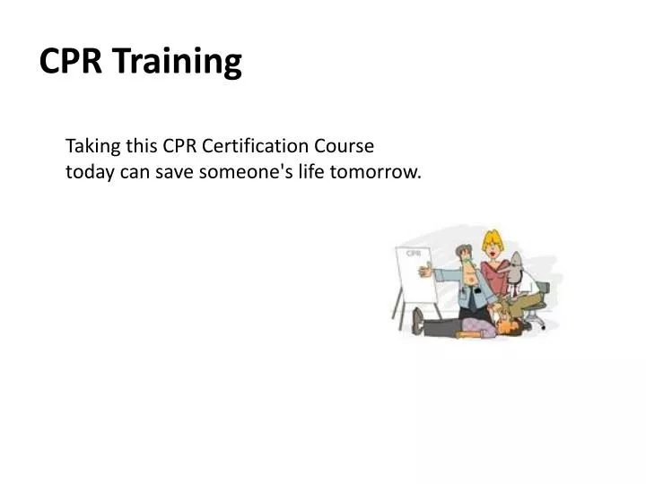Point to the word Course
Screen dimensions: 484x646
(344, 145)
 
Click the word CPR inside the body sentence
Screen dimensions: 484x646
(179, 145)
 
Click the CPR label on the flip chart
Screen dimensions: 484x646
(414, 254)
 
